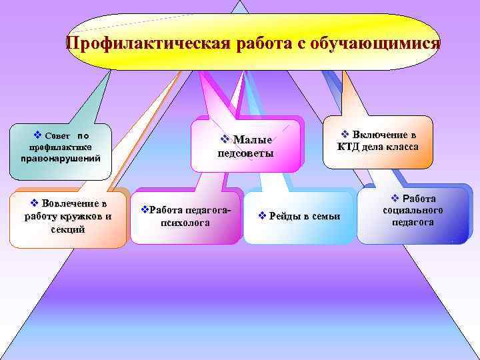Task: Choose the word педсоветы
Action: [246, 153]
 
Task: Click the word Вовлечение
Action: [74, 203]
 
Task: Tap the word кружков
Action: [77, 216]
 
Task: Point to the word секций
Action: [67, 229]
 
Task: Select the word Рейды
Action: [285, 216]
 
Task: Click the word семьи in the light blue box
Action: [326, 216]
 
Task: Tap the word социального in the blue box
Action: [413, 210]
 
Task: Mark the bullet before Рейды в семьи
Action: [262, 216]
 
